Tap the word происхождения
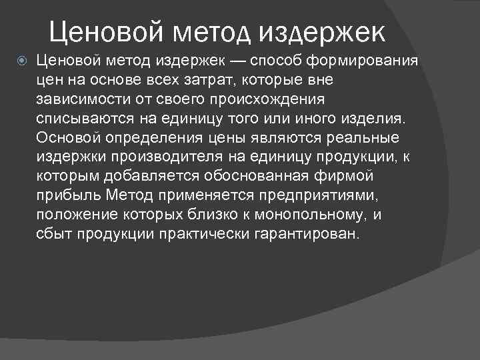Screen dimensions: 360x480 [267, 100]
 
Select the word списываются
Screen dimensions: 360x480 [80, 119]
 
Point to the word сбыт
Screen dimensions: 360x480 [55, 235]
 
